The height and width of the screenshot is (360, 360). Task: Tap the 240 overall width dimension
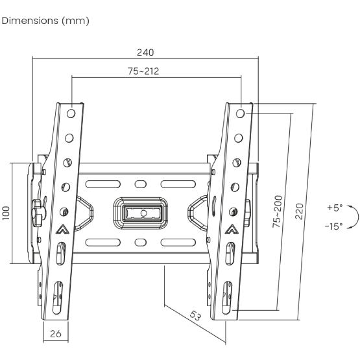[x=145, y=52]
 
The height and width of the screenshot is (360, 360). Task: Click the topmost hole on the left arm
[x=71, y=113]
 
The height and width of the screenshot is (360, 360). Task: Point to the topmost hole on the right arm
[x=241, y=113]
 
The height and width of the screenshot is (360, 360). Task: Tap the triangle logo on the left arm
[x=64, y=228]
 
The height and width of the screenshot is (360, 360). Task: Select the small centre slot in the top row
[x=139, y=183]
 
